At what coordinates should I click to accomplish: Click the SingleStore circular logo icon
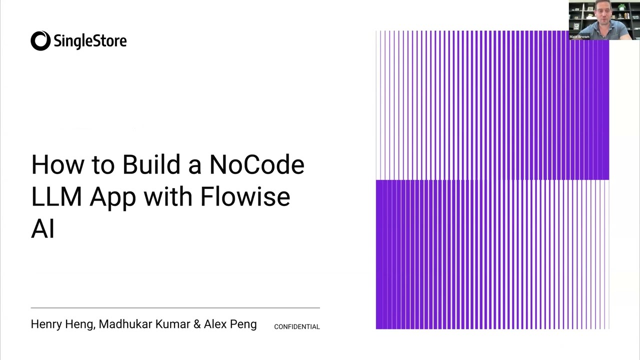point(40,41)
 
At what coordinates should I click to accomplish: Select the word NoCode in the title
point(256,164)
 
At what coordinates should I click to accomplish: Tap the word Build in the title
point(151,164)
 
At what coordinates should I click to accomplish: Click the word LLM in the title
point(56,196)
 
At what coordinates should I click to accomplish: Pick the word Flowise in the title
point(245,196)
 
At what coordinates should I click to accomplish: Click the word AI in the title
point(42,228)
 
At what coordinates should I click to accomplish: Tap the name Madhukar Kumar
point(144,324)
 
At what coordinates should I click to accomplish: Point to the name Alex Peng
point(230,324)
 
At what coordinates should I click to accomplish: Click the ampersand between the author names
point(197,324)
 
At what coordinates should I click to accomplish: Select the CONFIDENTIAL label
point(296,326)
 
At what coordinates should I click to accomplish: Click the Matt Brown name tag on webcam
point(579,36)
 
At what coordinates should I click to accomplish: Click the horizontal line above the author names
point(175,307)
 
